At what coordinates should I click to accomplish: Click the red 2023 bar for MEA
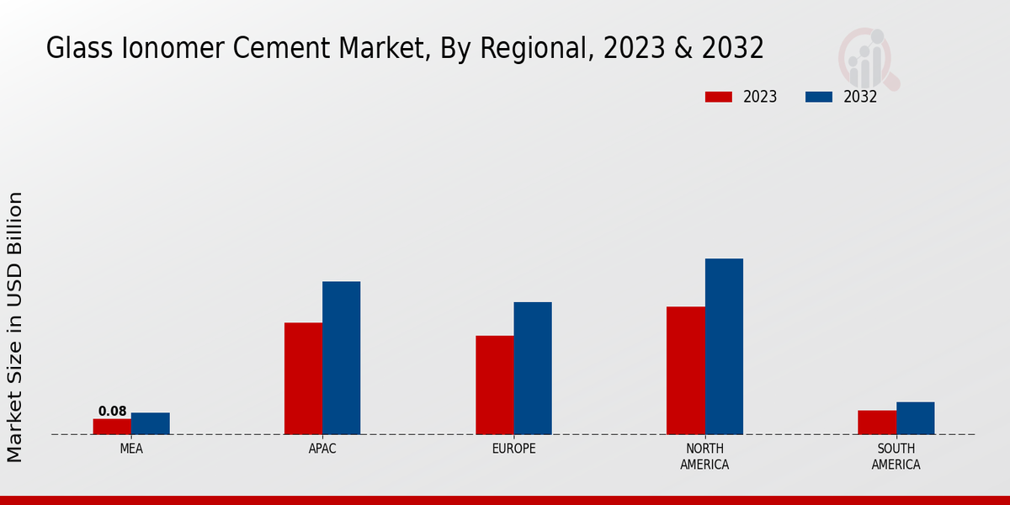point(112,427)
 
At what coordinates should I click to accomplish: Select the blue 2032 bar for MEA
point(150,423)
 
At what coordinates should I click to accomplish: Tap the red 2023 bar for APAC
point(303,379)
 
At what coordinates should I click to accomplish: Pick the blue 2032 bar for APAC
point(341,358)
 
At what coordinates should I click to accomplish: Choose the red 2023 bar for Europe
point(494,385)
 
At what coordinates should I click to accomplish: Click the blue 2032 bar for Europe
point(533,368)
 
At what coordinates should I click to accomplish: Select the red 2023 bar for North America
point(685,370)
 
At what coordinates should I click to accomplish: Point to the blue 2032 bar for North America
point(724,347)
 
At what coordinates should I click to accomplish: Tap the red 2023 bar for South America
point(876,423)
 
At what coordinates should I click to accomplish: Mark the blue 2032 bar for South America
point(915,418)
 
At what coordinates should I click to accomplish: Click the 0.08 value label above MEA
point(112,412)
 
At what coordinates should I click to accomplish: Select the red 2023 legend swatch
point(718,97)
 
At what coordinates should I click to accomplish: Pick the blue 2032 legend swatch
point(818,97)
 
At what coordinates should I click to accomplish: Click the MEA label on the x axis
point(131,449)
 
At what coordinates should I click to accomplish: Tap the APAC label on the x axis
point(322,449)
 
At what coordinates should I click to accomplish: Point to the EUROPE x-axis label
point(513,449)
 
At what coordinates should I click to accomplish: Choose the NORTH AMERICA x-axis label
point(704,456)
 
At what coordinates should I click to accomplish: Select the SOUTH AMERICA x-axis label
point(896,456)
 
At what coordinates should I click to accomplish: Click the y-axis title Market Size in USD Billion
point(15,327)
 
